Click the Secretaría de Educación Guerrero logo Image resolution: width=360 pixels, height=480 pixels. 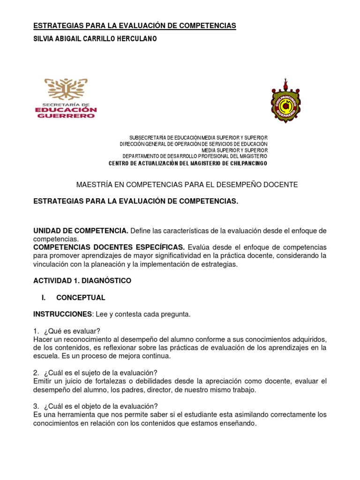click(70, 99)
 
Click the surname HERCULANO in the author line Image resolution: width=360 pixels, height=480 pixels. click(135, 39)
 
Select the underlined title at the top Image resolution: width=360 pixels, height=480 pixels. click(135, 25)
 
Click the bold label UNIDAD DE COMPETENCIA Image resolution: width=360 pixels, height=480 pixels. click(81, 231)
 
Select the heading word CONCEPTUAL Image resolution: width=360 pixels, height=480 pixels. click(81, 298)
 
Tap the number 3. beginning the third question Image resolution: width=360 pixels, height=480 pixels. click(36, 406)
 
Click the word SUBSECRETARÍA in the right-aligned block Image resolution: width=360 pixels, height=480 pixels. click(148, 137)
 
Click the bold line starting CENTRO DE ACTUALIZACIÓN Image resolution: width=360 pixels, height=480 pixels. click(187, 163)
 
